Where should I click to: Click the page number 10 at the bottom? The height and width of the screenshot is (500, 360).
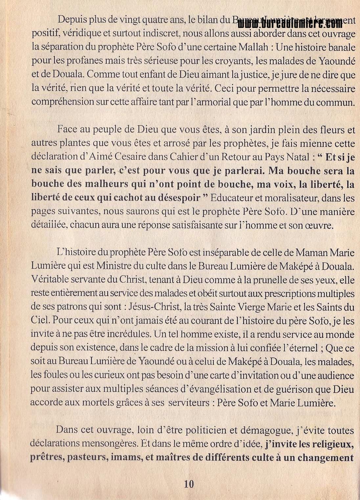coord(189,484)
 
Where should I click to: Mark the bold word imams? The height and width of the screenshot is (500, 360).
coord(126,458)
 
